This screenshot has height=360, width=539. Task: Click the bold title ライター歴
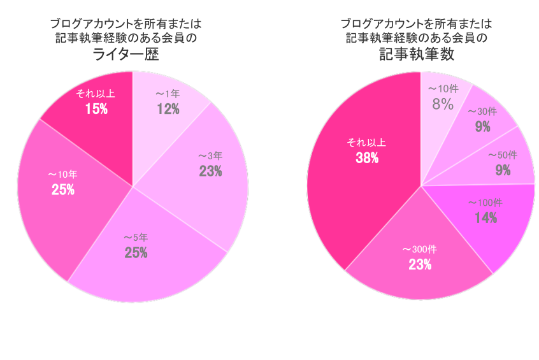126,55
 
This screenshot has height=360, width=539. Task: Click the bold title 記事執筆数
416,55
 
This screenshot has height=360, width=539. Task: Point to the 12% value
168,109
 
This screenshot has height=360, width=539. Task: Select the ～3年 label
210,155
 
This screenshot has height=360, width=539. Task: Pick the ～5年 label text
136,238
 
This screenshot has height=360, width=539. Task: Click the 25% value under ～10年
63,189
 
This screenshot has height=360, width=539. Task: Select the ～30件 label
482,112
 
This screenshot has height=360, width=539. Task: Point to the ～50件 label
503,155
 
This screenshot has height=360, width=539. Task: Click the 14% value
485,219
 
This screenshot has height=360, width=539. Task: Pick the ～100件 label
485,203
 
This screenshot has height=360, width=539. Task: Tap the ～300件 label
420,248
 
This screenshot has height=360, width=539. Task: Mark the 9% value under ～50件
503,171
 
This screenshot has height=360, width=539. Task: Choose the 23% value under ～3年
210,171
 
